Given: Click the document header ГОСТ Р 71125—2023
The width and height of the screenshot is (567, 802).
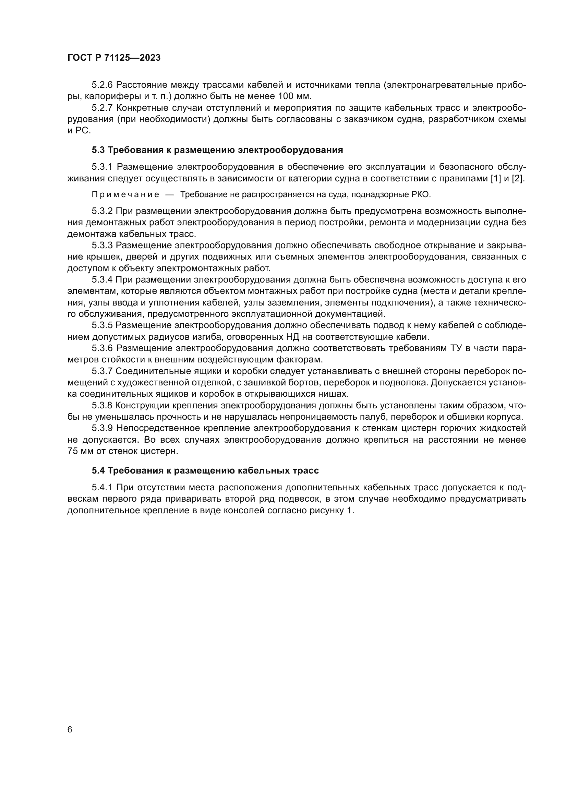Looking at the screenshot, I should (x=114, y=58).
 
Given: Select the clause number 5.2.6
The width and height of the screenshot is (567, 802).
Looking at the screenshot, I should (x=102, y=85).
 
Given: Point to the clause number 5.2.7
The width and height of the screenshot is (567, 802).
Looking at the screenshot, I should (x=102, y=108).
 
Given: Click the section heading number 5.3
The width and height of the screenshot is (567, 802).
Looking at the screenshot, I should (x=98, y=150).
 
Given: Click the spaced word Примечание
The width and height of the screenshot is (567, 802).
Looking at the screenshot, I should (x=125, y=194).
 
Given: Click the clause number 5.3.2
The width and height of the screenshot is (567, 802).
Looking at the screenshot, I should (x=102, y=211).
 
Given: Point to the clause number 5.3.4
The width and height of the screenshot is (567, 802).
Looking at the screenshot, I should (x=102, y=279).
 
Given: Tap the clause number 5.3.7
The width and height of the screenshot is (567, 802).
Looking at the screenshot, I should (x=102, y=371).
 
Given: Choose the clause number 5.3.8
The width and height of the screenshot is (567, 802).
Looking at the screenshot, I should (x=102, y=406).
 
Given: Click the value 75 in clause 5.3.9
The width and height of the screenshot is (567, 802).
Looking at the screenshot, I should (x=74, y=451).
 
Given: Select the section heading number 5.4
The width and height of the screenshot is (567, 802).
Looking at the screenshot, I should (x=98, y=470).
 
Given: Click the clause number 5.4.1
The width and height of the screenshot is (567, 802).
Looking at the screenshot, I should (x=102, y=487).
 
